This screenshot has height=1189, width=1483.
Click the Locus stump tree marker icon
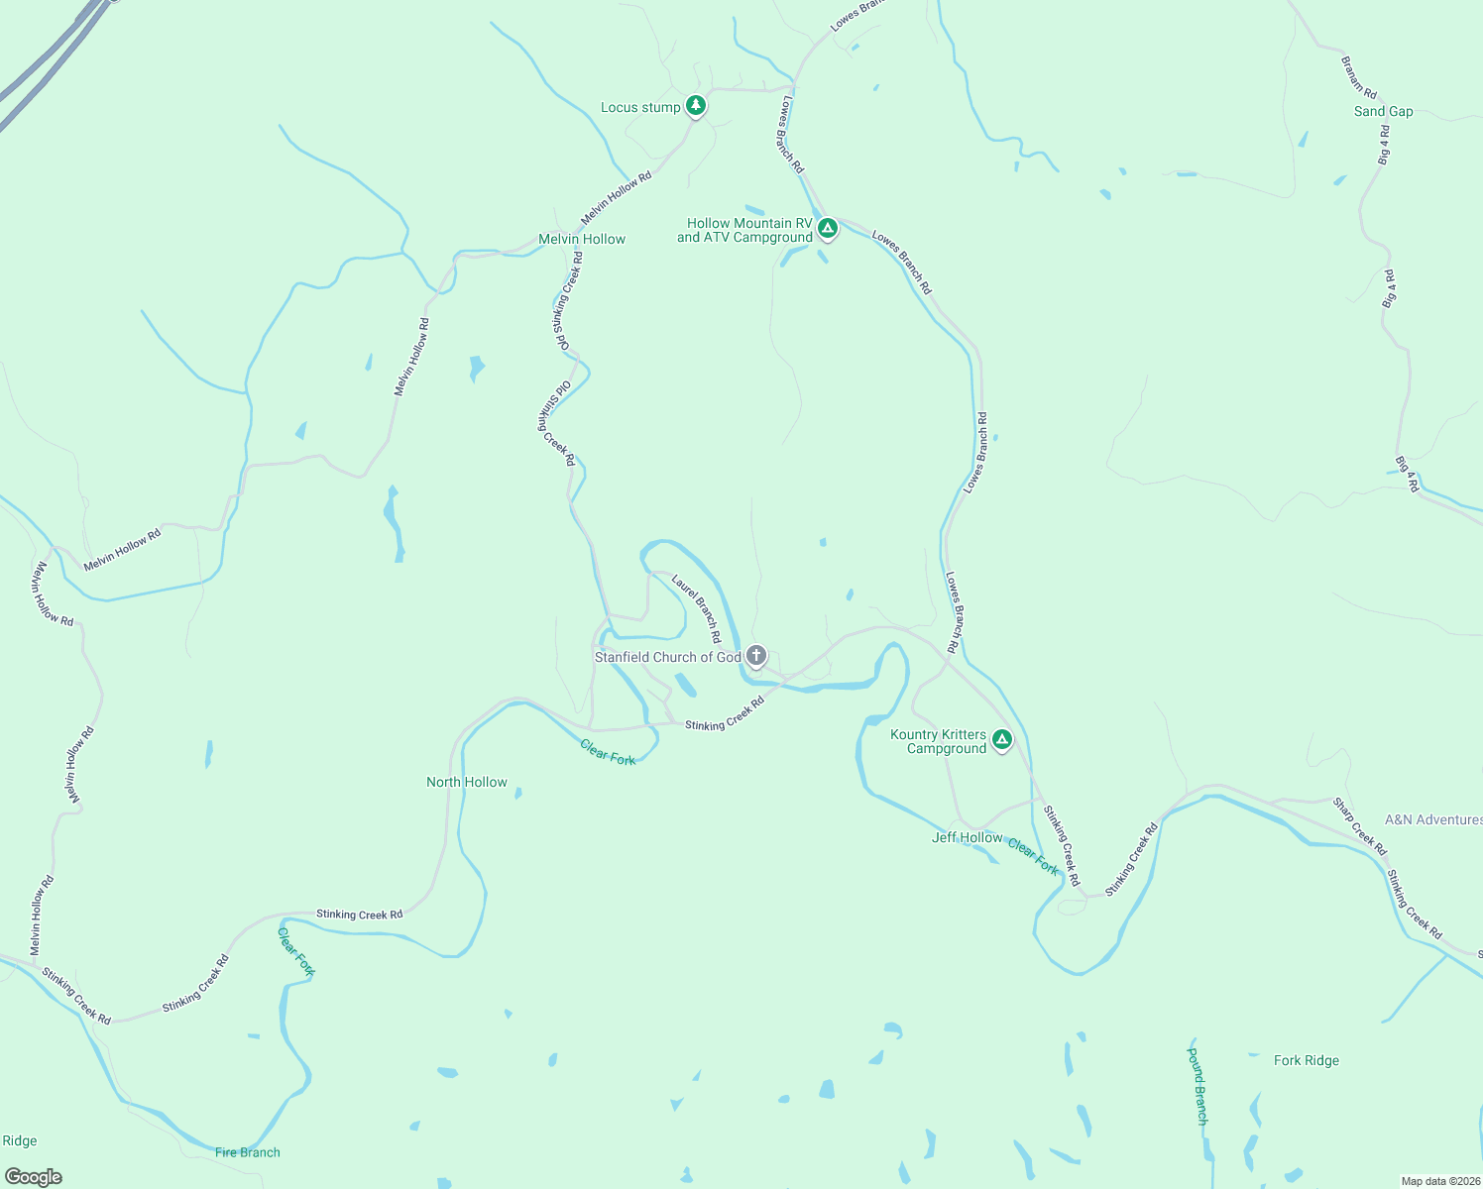point(696,105)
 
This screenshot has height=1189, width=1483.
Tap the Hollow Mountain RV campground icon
point(828,228)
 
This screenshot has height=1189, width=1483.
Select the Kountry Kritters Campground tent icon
point(1002,739)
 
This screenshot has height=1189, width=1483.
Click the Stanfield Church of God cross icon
point(755,655)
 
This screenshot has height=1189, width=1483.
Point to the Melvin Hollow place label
point(582,239)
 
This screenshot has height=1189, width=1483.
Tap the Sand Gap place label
point(1383,111)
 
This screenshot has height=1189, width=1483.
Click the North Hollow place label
point(467,782)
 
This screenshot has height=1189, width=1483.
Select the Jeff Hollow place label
point(967,837)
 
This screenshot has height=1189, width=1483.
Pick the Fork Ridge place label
point(1306,1060)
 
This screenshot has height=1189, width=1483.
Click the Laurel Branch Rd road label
point(697,608)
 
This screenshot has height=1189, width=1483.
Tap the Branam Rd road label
point(1359,77)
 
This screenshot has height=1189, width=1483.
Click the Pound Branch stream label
point(1198,1086)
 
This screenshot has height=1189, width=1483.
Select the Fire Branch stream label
point(248,1152)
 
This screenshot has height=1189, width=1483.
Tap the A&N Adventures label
point(1432,819)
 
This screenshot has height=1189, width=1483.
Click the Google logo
point(34,1177)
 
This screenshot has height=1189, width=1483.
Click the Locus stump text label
point(640,107)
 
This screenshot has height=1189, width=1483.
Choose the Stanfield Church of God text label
point(667,657)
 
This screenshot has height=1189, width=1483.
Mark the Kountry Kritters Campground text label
point(939,741)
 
